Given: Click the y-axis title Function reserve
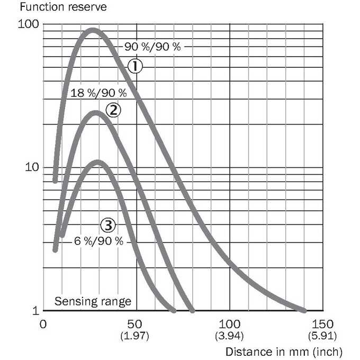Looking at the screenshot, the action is pos(63,7).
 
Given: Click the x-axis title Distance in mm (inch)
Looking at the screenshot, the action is pos(284,352).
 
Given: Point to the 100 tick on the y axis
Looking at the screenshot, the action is pos(29,24).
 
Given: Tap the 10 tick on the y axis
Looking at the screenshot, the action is pos(32,167).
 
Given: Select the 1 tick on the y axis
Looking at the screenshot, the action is pos(35,311).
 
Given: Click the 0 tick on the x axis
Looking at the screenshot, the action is pos(43,324).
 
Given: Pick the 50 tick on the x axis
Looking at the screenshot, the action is pos(135,324).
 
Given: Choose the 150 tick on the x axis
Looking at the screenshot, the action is pos(322,324).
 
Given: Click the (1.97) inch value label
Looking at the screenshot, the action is pos(135,336).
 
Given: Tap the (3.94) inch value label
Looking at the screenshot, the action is pos(229,336).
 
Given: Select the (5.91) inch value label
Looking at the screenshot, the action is pos(322,336).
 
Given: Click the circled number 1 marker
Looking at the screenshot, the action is pos(135,66).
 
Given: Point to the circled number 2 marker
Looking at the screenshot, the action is pos(113,110).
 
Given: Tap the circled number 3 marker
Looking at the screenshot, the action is pos(108,225).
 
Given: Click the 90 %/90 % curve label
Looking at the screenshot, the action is pos(152,47).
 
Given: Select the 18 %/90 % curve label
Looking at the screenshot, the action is pos(98,93).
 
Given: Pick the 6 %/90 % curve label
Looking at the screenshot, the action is pos(98,241).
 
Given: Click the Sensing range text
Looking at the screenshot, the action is pos(93,301).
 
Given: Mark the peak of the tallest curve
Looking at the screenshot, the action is pos(93,31).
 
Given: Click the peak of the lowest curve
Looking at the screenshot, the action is pos(98,163).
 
